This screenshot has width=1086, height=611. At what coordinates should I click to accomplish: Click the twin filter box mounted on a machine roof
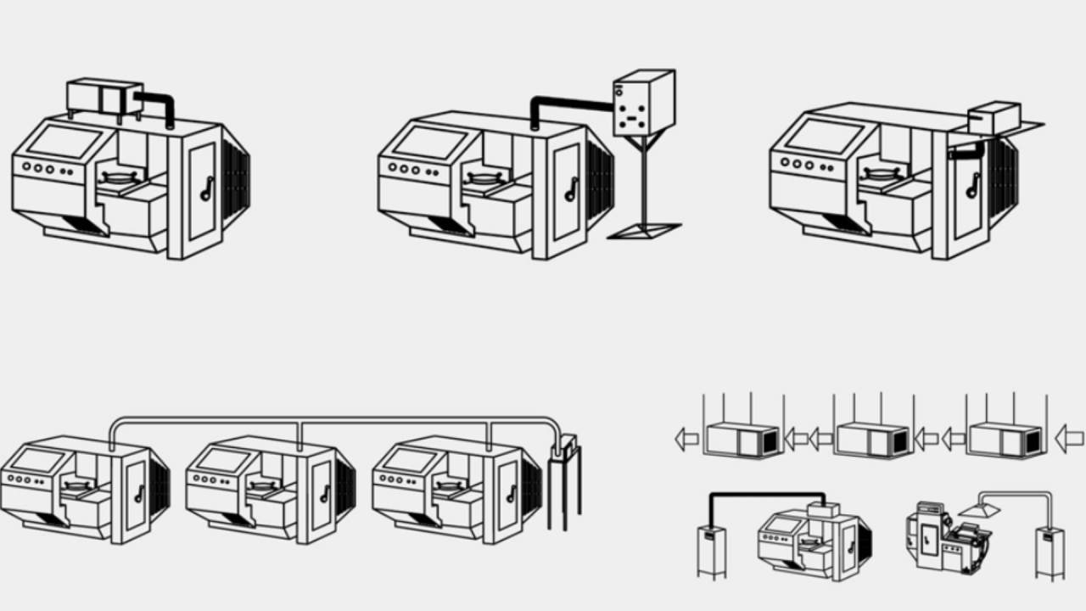pos(104,97)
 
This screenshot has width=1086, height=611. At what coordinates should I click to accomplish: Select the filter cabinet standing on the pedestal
pos(643,103)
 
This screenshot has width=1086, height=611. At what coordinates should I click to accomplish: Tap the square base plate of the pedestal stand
pos(643,230)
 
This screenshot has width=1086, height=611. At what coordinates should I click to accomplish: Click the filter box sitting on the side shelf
pos(994,118)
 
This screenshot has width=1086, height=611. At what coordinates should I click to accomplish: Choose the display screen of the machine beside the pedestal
pos(429,141)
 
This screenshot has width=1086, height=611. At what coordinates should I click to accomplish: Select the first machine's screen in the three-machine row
pos(37,460)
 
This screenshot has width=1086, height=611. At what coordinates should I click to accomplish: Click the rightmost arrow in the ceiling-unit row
pos(1068,439)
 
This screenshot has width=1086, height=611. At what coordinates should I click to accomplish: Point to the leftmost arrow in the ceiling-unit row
pos(686,439)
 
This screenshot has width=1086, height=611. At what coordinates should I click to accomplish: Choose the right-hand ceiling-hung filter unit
pos(1005,440)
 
